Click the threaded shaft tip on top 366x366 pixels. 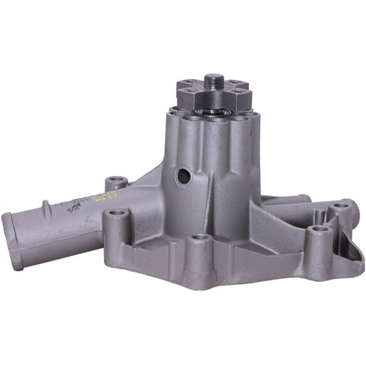coord(213,81)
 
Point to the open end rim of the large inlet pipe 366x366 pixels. coord(13,241)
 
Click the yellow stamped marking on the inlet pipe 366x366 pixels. coord(100,198)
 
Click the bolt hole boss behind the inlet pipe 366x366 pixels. coord(116,182)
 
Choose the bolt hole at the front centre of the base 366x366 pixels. coord(201,238)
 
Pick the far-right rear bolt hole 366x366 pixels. coord(341,206)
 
